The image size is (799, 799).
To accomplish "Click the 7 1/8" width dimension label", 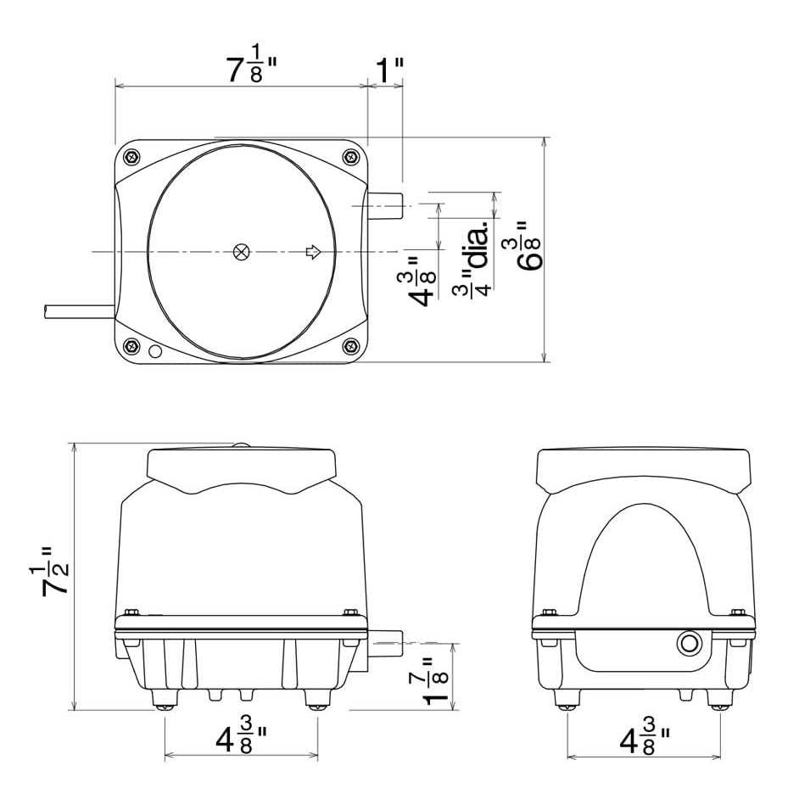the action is click(x=252, y=64).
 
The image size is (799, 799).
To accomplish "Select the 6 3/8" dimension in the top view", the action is click(x=528, y=246).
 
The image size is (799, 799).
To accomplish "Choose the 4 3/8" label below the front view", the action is click(x=242, y=739).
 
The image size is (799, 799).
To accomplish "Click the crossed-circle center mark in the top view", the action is click(x=242, y=252).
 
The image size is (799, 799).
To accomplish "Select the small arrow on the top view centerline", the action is click(x=313, y=252).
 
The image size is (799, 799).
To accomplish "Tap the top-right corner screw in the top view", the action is click(x=350, y=156).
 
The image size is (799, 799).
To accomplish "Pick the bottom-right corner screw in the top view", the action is click(x=350, y=347).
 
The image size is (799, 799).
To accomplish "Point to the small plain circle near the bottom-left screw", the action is click(x=154, y=351).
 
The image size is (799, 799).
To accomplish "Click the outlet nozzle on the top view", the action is click(x=385, y=205).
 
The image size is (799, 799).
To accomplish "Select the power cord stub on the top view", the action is click(x=79, y=310).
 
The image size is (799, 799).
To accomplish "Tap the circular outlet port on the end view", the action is click(x=689, y=644).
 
